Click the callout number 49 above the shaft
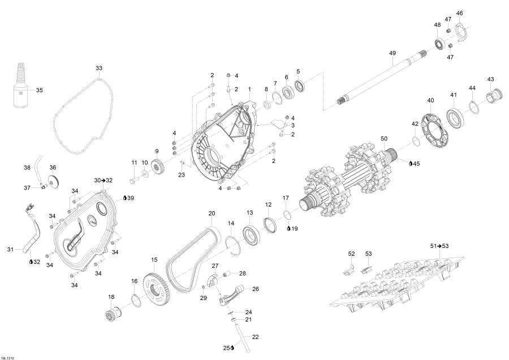pyautogui.click(x=392, y=53)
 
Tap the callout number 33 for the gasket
pyautogui.click(x=98, y=68)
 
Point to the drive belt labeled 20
pyautogui.click(x=193, y=256)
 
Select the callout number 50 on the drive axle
pyautogui.click(x=384, y=139)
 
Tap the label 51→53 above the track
pyautogui.click(x=439, y=246)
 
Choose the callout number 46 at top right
pyautogui.click(x=459, y=14)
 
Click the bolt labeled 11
pyautogui.click(x=133, y=178)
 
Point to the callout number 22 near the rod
pyautogui.click(x=256, y=337)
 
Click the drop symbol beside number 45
pyautogui.click(x=411, y=164)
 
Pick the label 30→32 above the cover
pyautogui.click(x=103, y=181)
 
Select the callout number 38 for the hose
pyautogui.click(x=27, y=168)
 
